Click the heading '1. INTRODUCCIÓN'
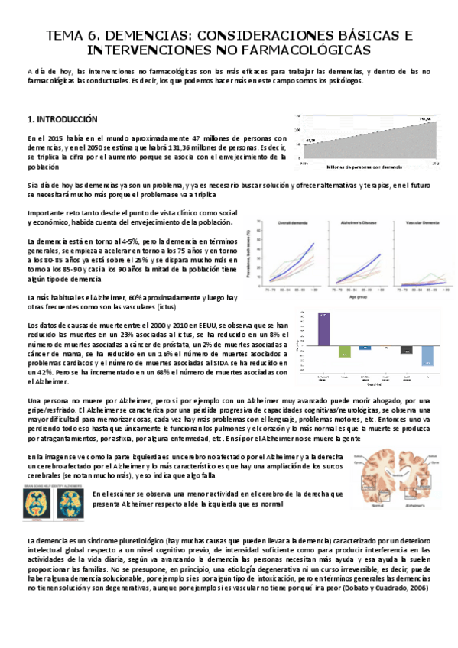point(63,120)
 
